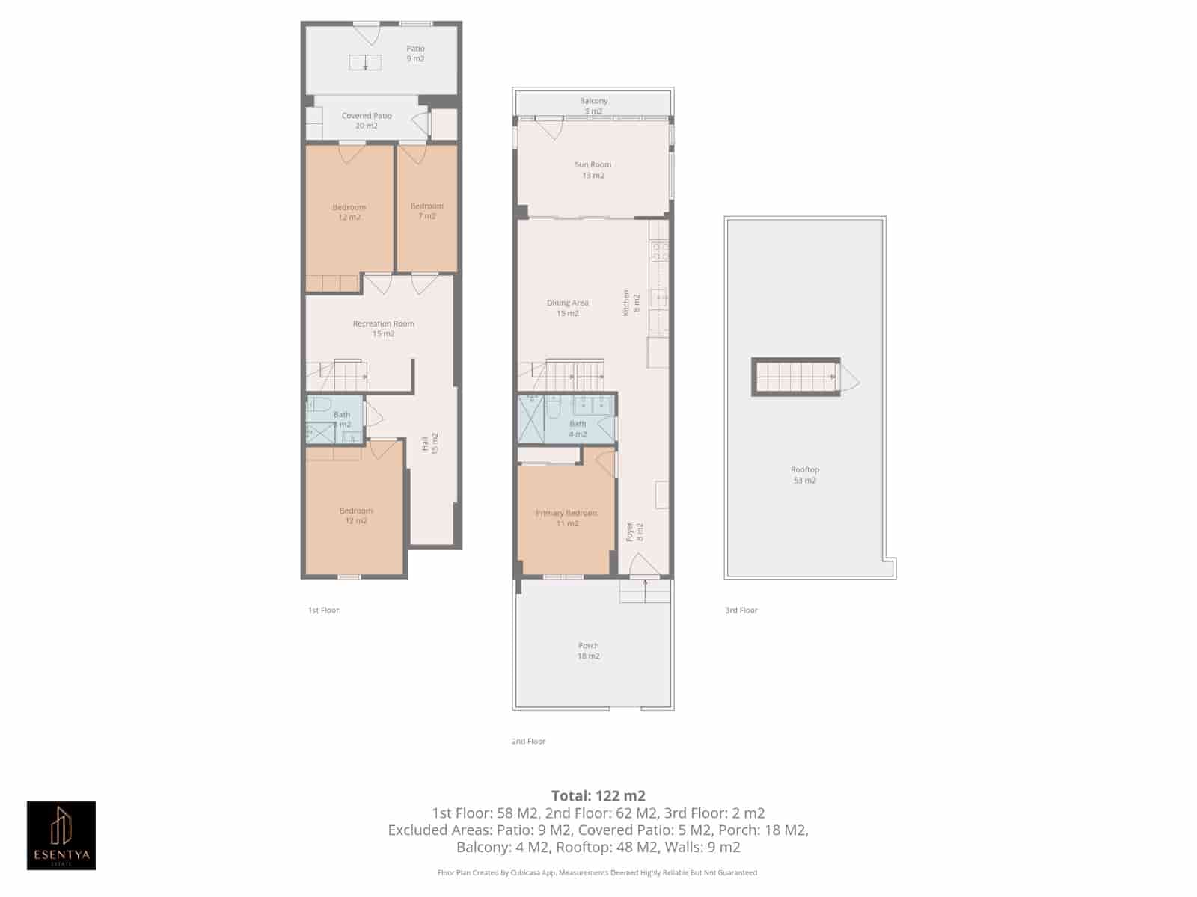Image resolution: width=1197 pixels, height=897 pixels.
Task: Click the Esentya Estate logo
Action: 61,835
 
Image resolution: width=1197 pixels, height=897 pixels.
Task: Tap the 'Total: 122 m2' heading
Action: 598,795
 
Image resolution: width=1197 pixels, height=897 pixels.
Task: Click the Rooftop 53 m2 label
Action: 804,475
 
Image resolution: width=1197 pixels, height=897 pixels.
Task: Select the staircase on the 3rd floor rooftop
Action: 795,376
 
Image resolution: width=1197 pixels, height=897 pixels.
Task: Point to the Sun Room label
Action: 593,170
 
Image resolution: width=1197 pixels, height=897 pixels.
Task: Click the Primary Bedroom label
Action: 566,518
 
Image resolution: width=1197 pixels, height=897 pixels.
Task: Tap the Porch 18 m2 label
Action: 588,650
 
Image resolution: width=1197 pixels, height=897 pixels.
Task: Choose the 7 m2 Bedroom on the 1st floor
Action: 426,211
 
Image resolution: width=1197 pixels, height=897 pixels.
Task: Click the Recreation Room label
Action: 383,328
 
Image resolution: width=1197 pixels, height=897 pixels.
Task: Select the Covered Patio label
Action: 367,120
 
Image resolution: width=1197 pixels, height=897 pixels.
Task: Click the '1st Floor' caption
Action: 323,610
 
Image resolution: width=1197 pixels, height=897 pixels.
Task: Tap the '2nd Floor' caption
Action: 528,741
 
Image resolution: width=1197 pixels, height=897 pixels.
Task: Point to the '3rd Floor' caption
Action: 741,610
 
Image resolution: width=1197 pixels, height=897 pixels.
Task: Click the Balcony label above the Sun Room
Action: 593,105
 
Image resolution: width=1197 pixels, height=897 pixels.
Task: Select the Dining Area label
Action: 567,308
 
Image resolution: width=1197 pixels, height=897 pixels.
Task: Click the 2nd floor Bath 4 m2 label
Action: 578,428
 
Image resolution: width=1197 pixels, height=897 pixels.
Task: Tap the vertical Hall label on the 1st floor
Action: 429,443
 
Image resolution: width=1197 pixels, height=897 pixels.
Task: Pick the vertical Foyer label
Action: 634,531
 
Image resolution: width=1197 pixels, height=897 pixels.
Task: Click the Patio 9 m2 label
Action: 415,53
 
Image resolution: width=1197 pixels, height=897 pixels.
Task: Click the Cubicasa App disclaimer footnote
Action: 598,872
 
